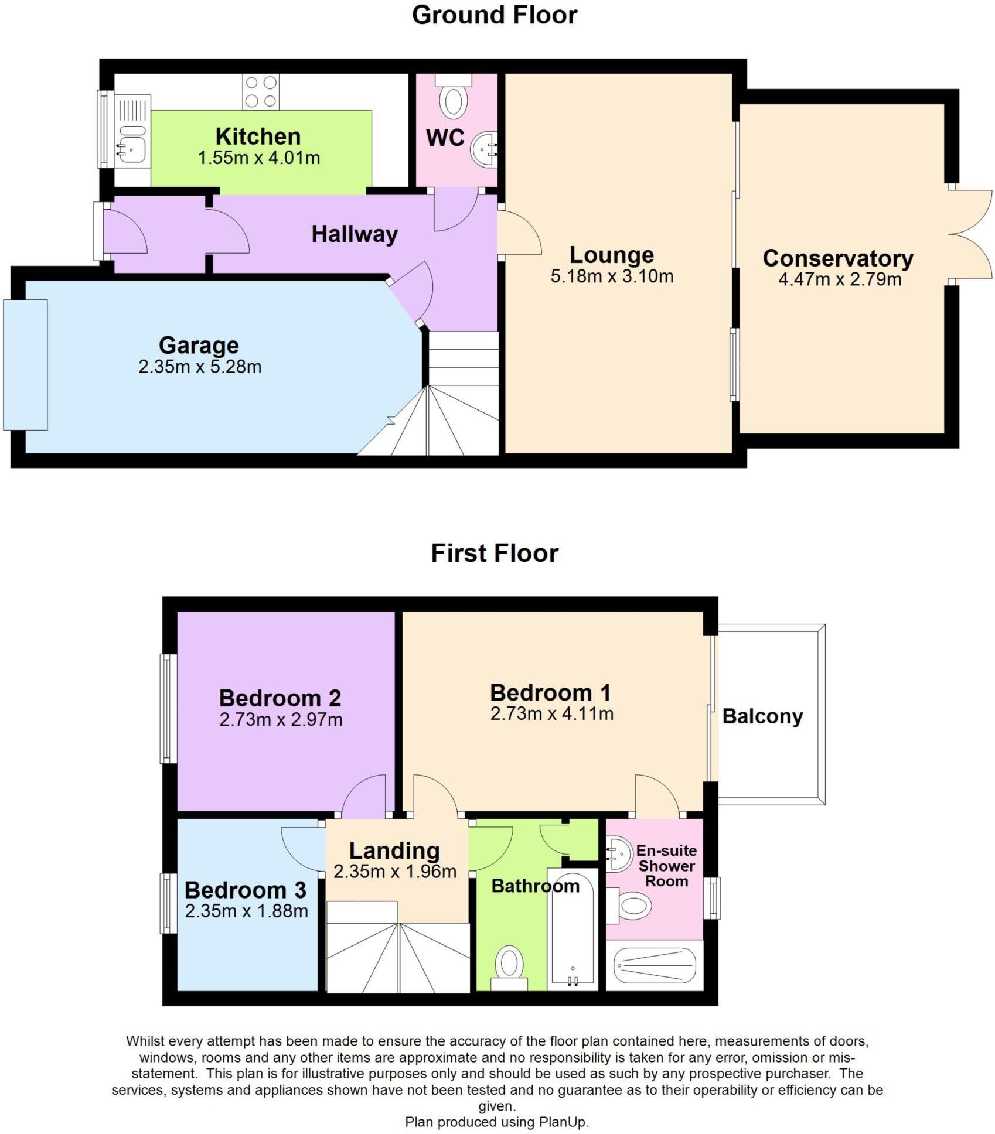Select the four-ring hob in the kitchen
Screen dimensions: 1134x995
[x=261, y=92]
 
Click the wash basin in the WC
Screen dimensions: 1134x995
[x=485, y=148]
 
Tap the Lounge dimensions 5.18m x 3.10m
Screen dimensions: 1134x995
[x=611, y=276]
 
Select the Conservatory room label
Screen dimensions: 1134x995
[x=837, y=258]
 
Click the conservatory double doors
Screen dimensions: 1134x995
[x=970, y=237]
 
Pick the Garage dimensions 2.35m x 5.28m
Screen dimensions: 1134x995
[x=200, y=367]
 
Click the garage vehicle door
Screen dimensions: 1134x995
[x=25, y=364]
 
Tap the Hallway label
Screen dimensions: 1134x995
[x=354, y=234]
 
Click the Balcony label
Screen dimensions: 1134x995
[x=762, y=716]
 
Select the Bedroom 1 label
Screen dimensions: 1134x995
[x=550, y=693]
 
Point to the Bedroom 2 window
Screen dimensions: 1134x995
[x=168, y=709]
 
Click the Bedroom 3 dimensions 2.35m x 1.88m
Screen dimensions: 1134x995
[x=246, y=911]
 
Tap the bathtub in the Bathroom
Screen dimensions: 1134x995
[x=572, y=931]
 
